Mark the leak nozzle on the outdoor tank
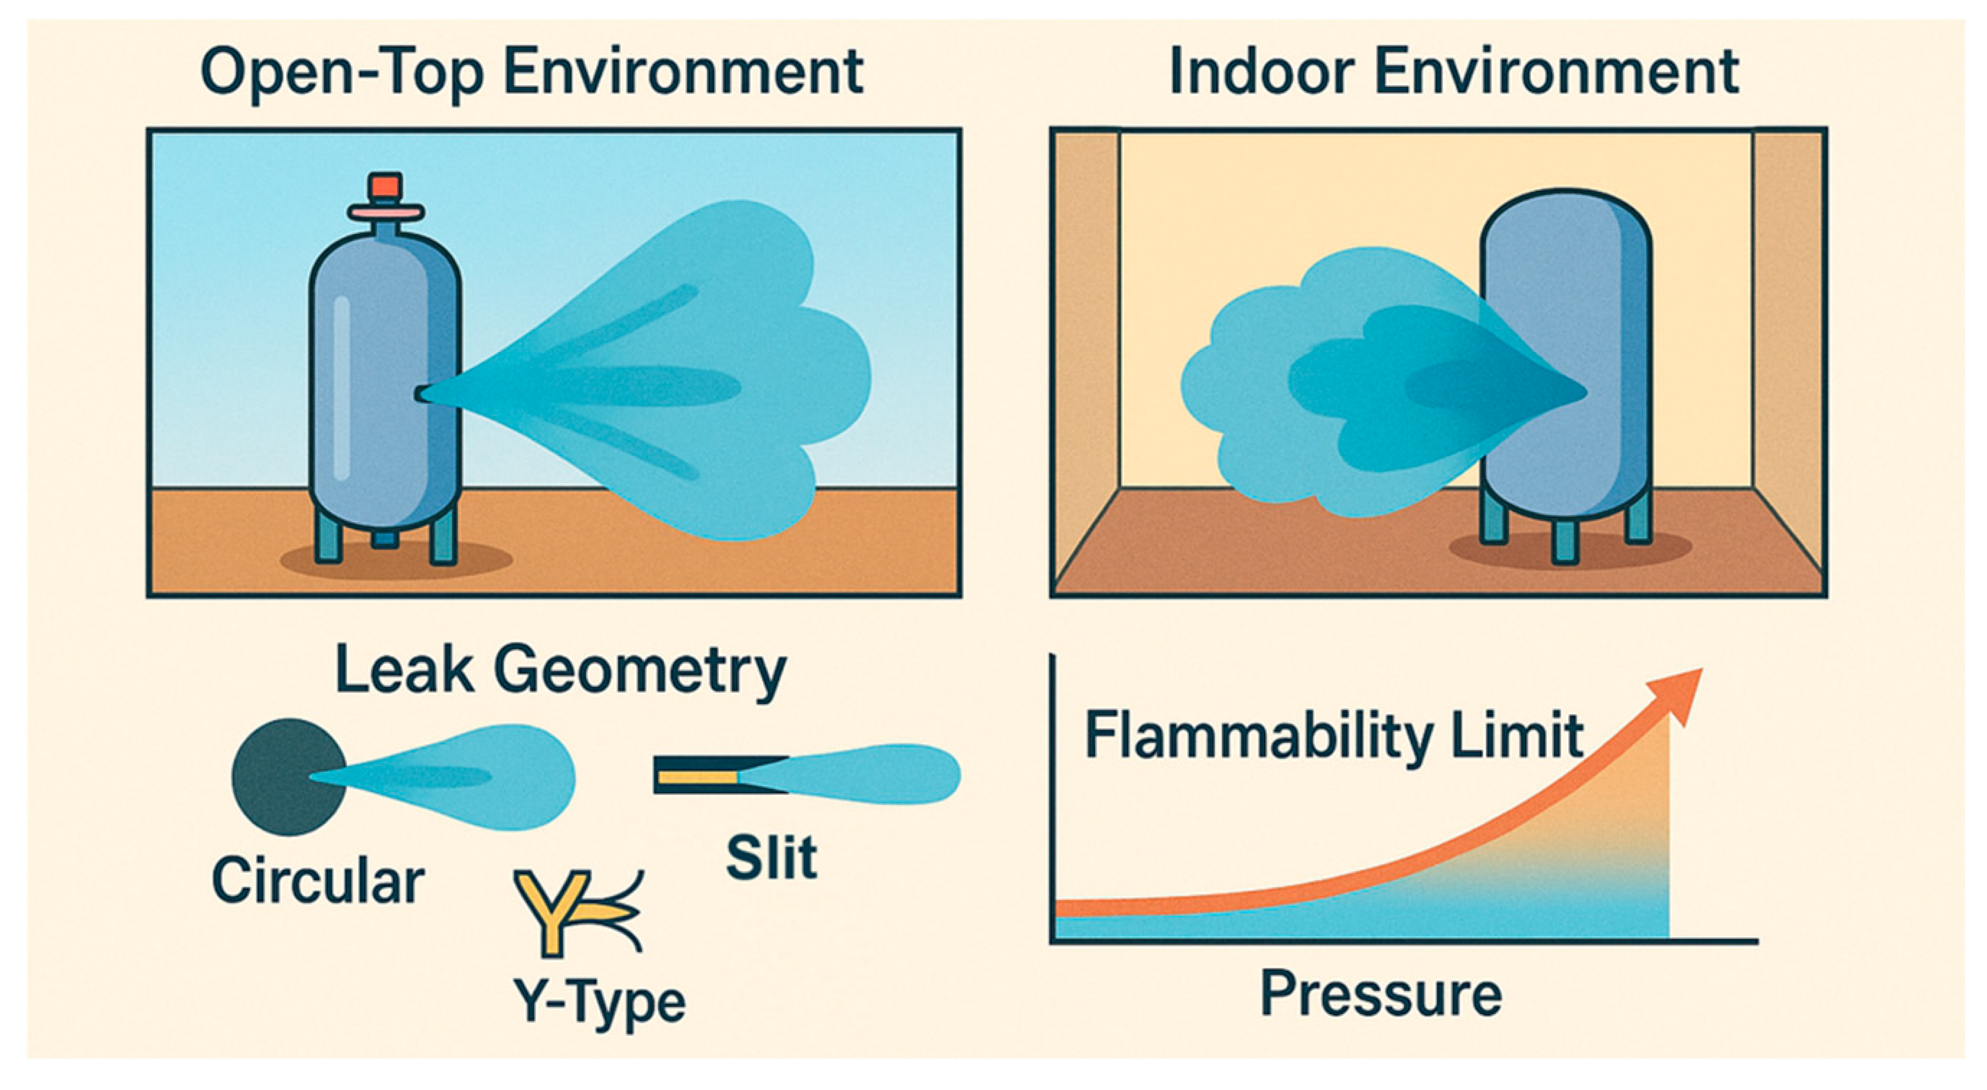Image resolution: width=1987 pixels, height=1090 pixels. (x=423, y=394)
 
